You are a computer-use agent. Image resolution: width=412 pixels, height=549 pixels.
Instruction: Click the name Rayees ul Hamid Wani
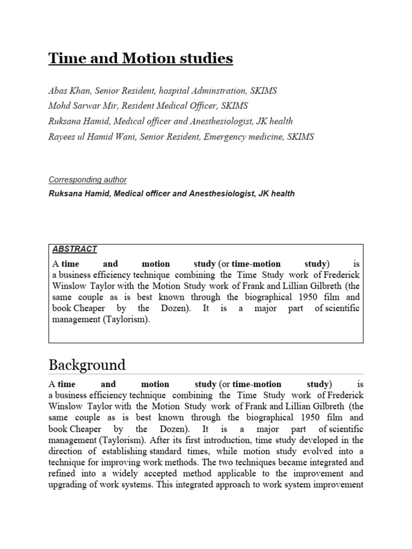click(x=91, y=137)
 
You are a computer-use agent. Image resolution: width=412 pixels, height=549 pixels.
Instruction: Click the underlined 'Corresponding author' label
click(x=87, y=180)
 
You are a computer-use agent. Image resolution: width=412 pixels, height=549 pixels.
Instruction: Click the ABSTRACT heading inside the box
click(x=75, y=249)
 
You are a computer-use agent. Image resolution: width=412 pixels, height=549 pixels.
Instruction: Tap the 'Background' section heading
click(x=87, y=365)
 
